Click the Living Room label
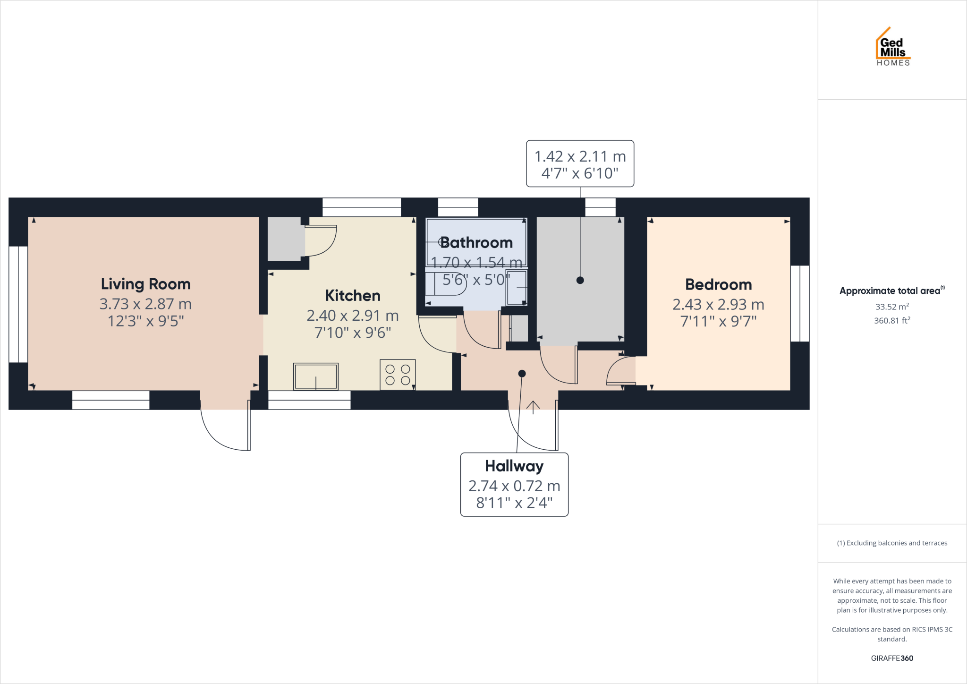point(145,284)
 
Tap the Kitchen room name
point(353,296)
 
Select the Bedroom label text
point(718,284)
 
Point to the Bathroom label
point(476,243)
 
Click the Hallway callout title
point(514,466)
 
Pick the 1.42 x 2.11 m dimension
point(580,156)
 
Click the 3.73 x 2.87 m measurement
point(145,304)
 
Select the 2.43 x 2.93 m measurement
point(718,304)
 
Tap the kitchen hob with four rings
point(398,375)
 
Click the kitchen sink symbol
point(316,376)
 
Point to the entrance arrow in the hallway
point(533,407)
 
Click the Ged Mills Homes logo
point(892,47)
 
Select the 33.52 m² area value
point(892,307)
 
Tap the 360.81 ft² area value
point(892,320)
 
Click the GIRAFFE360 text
point(892,658)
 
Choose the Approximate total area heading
point(891,291)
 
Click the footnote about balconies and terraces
point(892,543)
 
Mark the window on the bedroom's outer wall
point(800,303)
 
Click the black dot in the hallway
point(522,374)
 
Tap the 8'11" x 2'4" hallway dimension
point(514,503)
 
